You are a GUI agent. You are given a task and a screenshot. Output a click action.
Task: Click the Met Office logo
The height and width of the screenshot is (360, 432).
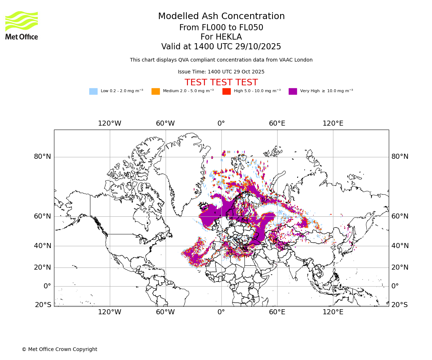pos(22,25)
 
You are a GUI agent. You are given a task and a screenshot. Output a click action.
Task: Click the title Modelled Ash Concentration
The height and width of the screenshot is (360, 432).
pos(221,17)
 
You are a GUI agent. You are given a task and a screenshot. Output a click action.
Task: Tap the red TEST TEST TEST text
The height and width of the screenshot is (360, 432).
pos(221,82)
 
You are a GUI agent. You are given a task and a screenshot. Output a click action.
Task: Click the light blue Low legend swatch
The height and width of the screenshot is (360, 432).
pos(93,91)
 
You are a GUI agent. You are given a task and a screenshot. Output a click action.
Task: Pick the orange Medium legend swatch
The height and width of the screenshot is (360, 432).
pos(156,91)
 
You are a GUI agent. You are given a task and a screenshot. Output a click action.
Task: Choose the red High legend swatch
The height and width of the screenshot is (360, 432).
pos(226,91)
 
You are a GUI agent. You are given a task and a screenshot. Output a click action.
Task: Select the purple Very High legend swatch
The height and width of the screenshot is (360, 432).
pos(293,91)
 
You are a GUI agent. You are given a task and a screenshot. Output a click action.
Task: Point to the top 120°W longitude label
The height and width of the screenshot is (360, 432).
pos(109,123)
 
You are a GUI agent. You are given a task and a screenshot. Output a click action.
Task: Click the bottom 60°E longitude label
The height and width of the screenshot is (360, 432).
pos(277,312)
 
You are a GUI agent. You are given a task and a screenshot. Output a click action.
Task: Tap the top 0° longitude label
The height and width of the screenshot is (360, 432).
pos(221,123)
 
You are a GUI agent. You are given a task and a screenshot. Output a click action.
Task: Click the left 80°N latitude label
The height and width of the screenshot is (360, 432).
pos(42,157)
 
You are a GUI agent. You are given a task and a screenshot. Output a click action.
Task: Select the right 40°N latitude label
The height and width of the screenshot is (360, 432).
pos(400,246)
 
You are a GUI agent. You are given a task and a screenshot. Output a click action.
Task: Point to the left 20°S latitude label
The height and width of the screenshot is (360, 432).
pos(43,305)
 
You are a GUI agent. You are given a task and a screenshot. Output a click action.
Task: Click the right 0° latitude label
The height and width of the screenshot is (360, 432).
pos(395,286)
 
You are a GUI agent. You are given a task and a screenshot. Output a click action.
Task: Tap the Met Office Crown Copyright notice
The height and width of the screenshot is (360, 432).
pos(59,349)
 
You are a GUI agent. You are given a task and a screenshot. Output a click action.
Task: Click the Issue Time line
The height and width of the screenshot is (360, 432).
pos(221,72)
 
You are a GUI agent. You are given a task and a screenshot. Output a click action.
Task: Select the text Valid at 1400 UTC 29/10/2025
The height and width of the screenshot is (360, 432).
pos(221,47)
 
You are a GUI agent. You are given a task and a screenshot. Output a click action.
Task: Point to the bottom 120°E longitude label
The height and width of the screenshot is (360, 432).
pos(333,312)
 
